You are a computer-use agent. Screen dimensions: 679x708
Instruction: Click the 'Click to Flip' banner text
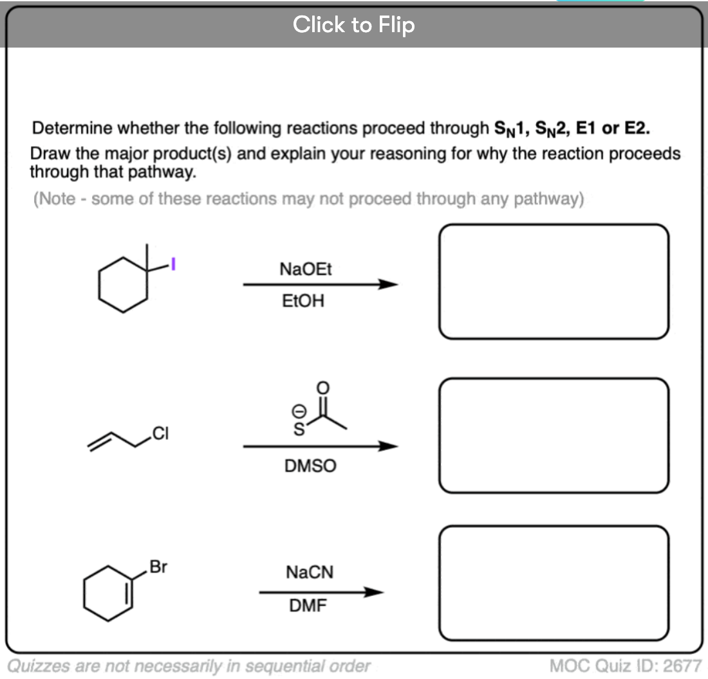pos(353,25)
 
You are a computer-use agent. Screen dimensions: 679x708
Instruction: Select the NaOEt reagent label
pos(306,269)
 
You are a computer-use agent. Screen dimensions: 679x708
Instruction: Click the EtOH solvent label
pos(303,300)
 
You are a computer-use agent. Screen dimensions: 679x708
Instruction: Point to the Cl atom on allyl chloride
pos(161,435)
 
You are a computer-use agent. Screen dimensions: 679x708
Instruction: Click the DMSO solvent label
pos(310,466)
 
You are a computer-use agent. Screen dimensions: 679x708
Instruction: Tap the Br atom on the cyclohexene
pos(158,567)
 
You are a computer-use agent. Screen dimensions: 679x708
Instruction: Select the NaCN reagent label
pos(310,572)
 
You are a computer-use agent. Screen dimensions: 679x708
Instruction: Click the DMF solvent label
pos(308,605)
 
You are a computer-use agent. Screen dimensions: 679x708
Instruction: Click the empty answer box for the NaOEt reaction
pos(554,282)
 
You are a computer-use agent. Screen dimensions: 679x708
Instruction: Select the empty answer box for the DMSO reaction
pos(554,435)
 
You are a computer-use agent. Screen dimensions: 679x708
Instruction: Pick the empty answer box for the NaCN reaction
pos(554,583)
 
